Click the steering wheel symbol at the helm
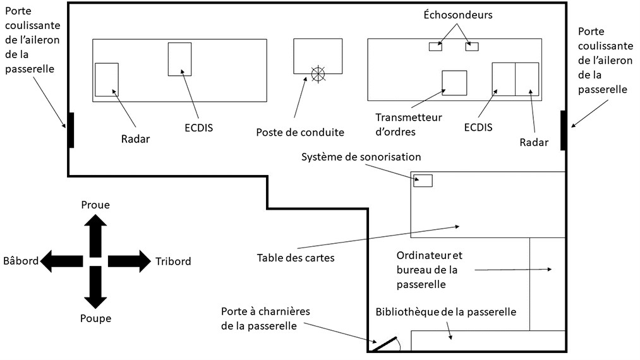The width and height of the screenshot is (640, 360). point(318,74)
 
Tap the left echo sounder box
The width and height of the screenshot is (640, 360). point(435,46)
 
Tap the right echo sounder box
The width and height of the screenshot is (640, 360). point(472,46)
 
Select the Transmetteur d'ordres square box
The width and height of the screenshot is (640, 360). point(454,83)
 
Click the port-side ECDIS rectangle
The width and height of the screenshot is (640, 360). point(179,59)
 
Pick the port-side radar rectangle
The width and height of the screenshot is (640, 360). point(107,80)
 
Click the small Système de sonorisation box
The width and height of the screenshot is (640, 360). point(423,181)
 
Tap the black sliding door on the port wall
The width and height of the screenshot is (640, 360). point(71,129)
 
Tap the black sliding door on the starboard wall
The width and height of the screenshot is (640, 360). point(563,129)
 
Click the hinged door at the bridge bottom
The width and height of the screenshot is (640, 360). point(383,344)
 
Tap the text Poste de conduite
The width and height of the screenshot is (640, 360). point(300,133)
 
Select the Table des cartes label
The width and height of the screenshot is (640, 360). point(296,258)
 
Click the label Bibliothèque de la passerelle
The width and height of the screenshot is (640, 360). point(446,312)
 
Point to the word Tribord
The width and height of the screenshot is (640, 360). point(173,261)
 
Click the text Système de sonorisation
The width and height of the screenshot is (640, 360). point(361,157)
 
